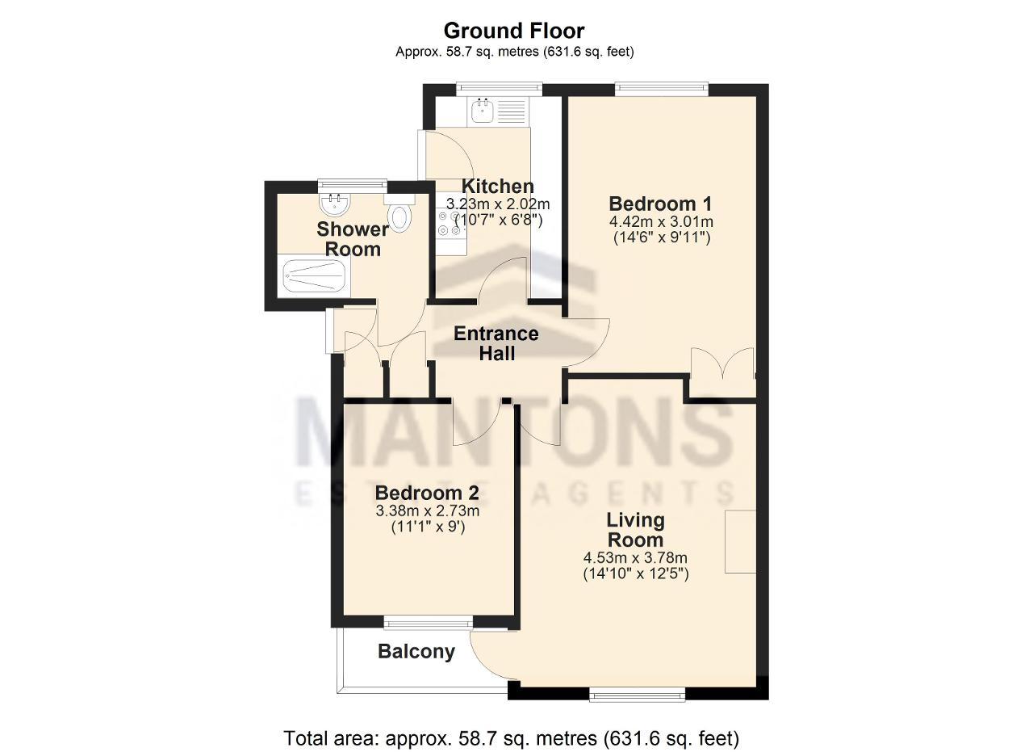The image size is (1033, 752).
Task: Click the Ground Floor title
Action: click(x=514, y=31)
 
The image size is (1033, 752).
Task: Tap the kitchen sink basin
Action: click(x=483, y=111)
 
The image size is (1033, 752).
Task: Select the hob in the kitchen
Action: click(x=450, y=223)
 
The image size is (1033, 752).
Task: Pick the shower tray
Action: click(x=314, y=275)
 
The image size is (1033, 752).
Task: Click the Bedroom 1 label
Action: click(x=660, y=204)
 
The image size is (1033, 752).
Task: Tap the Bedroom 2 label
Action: click(x=427, y=493)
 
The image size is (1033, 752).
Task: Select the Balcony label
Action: click(x=416, y=651)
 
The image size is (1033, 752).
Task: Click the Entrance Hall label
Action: click(x=496, y=343)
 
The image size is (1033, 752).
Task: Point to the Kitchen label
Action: click(x=498, y=187)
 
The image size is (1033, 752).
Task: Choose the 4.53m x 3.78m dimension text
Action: click(x=635, y=557)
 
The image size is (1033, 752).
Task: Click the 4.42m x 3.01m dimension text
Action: click(x=661, y=221)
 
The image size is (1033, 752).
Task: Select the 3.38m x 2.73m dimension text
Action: click(x=428, y=511)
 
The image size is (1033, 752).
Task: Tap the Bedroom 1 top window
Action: click(x=661, y=89)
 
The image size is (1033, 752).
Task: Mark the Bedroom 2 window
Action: click(x=429, y=624)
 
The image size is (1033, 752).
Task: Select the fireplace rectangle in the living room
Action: click(x=740, y=541)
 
